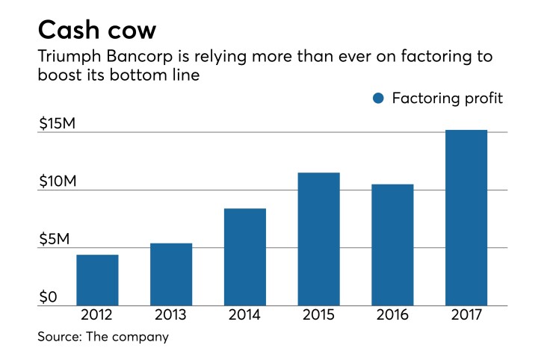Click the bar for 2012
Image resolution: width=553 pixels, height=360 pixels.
click(97, 280)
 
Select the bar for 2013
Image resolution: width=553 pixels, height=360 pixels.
click(171, 274)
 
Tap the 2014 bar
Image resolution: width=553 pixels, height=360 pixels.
click(244, 257)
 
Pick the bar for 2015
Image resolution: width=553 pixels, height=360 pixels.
click(318, 239)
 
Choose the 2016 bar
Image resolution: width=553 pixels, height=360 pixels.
click(392, 245)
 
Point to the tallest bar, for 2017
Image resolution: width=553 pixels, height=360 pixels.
click(466, 218)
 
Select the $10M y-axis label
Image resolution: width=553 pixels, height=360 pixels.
click(58, 182)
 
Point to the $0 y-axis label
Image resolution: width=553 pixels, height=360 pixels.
click(48, 297)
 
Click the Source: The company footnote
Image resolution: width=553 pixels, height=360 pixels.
click(103, 337)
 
